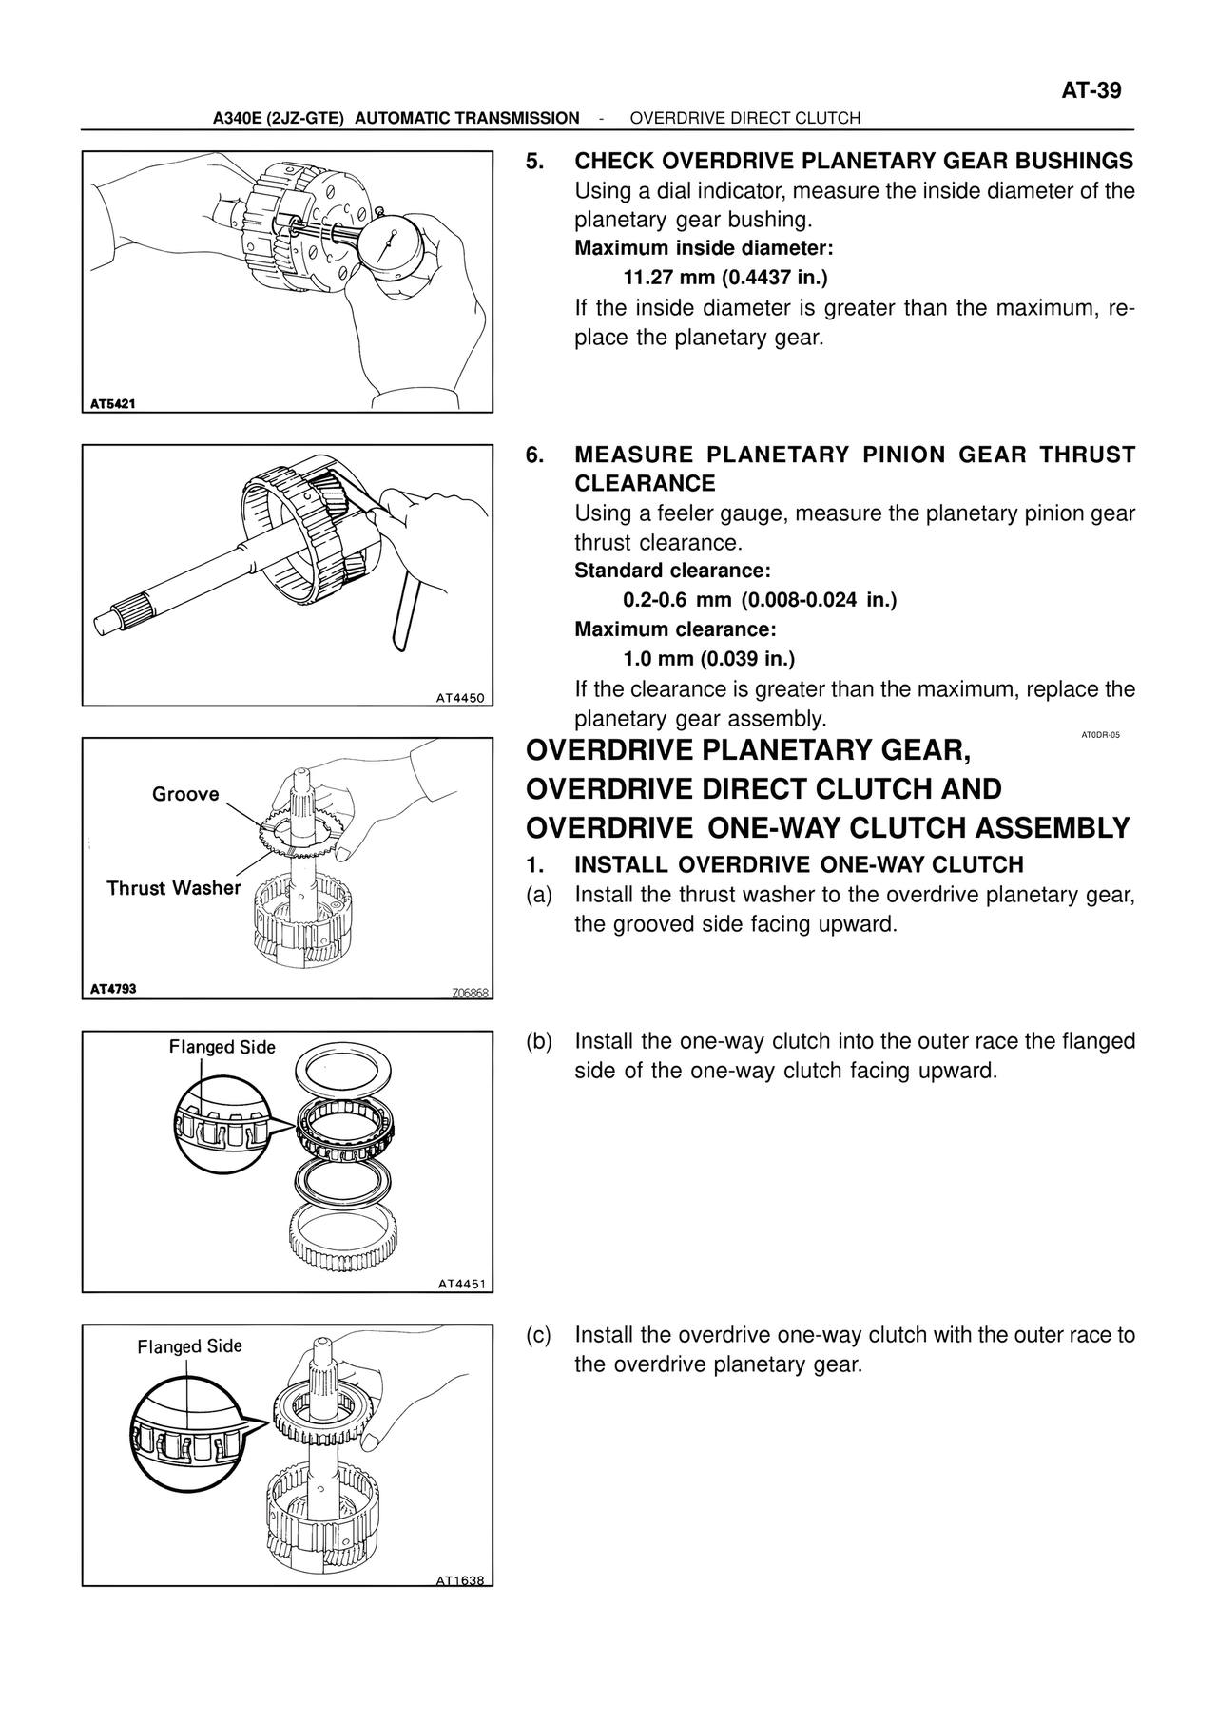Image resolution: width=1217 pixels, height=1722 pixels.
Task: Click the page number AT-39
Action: [x=1091, y=91]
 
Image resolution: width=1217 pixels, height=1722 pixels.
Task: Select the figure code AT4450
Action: [x=460, y=697]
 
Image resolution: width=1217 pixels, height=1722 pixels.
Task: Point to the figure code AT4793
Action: [x=113, y=989]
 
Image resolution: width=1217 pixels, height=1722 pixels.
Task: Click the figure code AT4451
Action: [x=461, y=1284]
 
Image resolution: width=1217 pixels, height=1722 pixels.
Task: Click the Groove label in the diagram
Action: [x=185, y=794]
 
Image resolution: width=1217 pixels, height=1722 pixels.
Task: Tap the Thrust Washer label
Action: [x=174, y=888]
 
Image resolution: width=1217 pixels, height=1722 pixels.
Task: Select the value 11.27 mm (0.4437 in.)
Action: [x=725, y=279]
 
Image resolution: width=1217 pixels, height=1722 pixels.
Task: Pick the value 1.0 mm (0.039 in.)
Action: [x=709, y=659]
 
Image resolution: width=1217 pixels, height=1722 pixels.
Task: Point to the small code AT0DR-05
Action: [x=1100, y=735]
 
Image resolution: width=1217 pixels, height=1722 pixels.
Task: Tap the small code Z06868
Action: [x=470, y=994]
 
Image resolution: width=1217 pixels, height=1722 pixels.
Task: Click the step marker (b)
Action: [x=539, y=1041]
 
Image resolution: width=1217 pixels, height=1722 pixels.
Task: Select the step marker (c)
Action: [x=539, y=1335]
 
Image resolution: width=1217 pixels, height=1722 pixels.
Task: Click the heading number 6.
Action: [x=536, y=455]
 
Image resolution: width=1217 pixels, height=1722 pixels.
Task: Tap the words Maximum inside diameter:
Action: [x=704, y=249]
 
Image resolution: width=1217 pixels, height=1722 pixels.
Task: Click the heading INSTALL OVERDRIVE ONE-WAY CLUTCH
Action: [x=799, y=865]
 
